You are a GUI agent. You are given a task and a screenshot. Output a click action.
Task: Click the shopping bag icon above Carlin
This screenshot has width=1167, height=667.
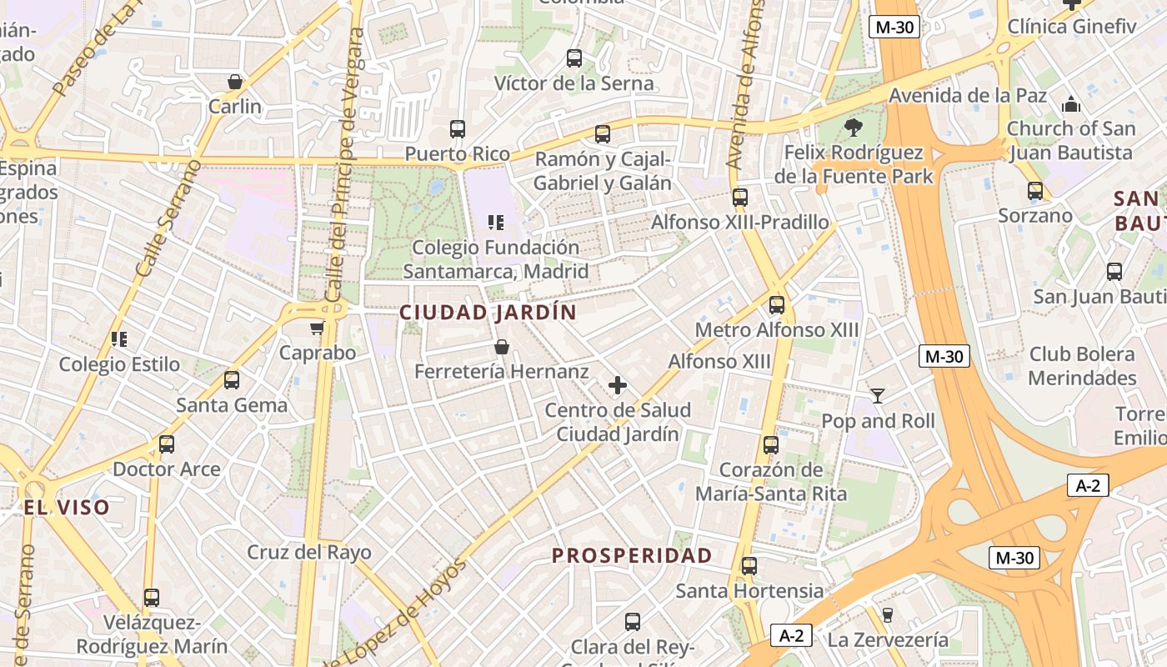point(235,82)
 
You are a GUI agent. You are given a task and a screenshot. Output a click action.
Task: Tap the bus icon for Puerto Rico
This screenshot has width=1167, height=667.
point(458,129)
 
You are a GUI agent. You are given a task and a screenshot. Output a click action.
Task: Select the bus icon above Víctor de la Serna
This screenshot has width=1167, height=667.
point(574,58)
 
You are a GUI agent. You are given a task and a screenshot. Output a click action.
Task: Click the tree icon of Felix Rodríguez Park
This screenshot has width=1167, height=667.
point(853,128)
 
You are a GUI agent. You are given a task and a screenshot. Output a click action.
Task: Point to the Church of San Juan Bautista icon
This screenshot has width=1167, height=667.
point(1071,104)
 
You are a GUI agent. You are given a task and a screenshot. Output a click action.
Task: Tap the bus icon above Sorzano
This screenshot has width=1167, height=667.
point(1035,191)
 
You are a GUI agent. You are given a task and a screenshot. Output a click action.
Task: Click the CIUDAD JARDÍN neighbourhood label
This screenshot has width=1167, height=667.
point(488,313)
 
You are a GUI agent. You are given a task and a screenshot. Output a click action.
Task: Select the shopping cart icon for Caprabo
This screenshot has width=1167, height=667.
point(317,328)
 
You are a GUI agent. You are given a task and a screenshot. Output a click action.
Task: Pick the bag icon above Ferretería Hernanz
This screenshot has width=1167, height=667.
point(501,347)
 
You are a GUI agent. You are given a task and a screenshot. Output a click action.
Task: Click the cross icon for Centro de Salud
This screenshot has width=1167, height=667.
point(618,385)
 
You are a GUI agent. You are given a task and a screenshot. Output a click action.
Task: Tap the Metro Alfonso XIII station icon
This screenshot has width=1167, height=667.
point(777,305)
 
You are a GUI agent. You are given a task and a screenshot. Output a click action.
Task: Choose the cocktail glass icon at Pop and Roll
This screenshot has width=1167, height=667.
point(878,395)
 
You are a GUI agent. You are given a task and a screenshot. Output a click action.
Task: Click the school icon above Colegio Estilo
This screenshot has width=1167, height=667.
point(119,339)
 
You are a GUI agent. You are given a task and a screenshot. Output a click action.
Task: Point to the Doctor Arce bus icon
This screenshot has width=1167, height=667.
point(167,444)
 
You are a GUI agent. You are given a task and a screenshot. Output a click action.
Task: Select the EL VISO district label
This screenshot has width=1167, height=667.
point(66,508)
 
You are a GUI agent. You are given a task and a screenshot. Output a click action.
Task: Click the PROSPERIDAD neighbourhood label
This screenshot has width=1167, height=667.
point(632,556)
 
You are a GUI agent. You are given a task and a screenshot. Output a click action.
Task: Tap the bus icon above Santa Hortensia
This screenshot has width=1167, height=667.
point(749,566)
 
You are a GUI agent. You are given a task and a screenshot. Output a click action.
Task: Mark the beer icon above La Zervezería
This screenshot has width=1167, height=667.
point(888,615)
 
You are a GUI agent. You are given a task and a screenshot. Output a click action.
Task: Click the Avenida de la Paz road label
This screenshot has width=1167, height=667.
point(968,95)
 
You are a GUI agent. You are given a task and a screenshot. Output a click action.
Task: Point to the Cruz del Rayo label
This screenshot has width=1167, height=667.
point(309,552)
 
